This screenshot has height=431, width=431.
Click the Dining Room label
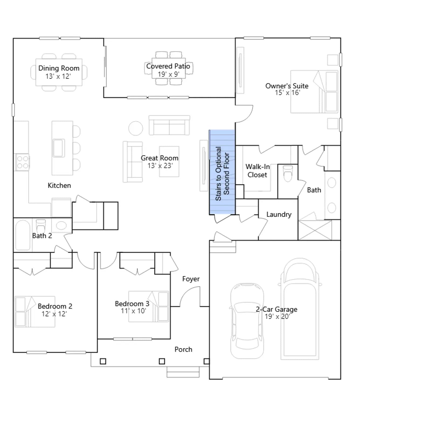click(x=59, y=68)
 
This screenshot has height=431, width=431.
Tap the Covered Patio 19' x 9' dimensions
click(x=169, y=74)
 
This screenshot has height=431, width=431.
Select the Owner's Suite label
click(x=287, y=86)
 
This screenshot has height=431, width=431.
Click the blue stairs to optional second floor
click(x=222, y=172)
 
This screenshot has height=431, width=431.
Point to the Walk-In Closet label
click(x=258, y=171)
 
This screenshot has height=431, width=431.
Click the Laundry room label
click(x=279, y=214)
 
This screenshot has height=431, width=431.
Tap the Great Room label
click(x=159, y=158)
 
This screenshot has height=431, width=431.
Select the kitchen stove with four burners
click(x=22, y=162)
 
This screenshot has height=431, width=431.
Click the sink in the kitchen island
click(x=59, y=148)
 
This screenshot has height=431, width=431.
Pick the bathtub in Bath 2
click(x=23, y=235)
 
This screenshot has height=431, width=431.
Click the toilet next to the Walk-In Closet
click(x=288, y=173)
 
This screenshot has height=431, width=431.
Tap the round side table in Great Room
click(x=135, y=128)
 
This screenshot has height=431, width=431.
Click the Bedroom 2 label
click(x=55, y=306)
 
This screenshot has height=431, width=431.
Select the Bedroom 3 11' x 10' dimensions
click(x=133, y=311)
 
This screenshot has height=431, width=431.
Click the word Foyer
click(x=191, y=279)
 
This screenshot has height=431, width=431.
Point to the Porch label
click(x=183, y=349)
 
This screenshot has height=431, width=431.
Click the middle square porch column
click(x=162, y=361)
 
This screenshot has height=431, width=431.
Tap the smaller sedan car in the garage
click(x=247, y=321)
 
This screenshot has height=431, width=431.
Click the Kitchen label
click(x=59, y=185)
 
